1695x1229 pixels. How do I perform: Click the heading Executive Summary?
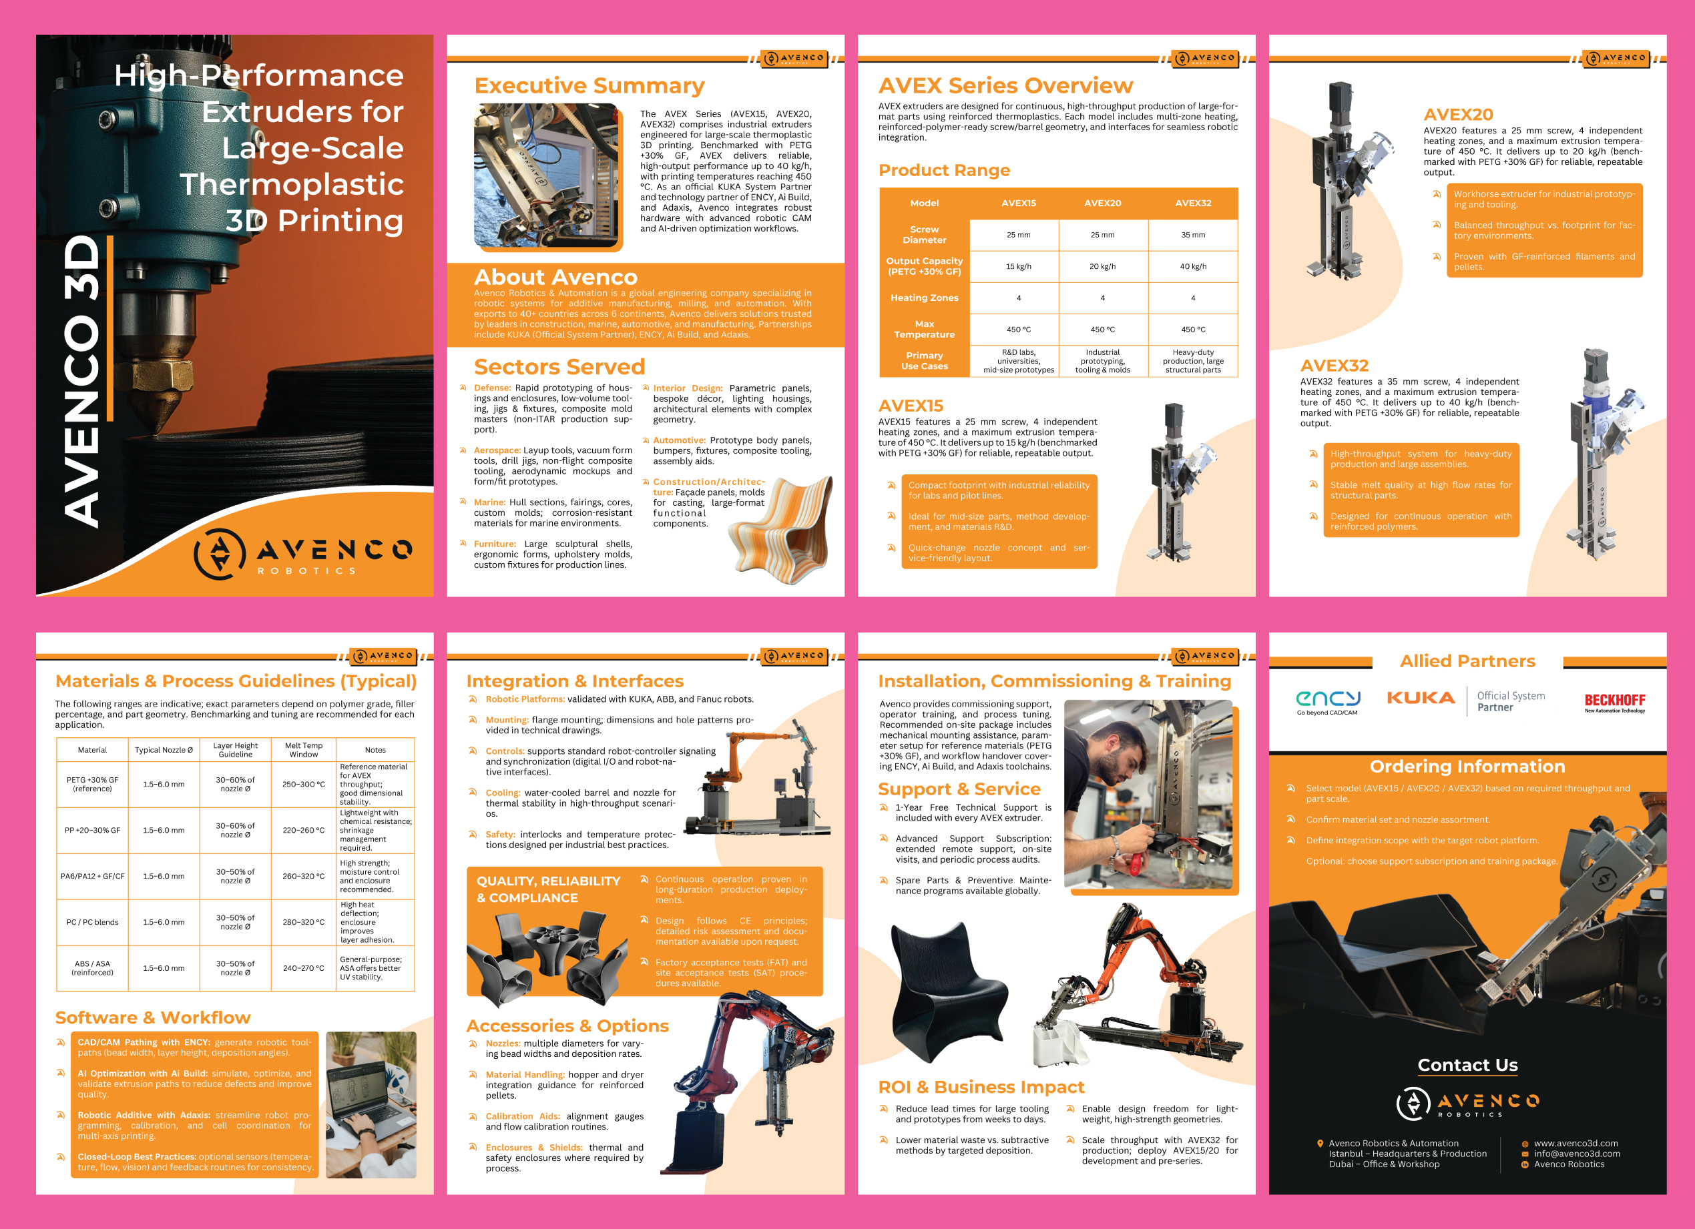coord(589,86)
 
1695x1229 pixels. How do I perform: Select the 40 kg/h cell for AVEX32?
coord(1193,267)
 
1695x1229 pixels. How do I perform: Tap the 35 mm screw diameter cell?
coord(1193,235)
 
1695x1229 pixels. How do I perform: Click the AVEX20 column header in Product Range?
coord(1102,203)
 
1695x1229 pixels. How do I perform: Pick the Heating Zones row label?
coord(925,298)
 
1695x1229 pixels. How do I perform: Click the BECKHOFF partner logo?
coord(1614,703)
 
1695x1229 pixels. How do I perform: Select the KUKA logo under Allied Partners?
coord(1421,698)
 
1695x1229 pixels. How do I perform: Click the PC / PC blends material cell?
coord(93,922)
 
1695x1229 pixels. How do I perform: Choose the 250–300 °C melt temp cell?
coord(304,785)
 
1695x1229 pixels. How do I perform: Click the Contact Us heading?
coord(1467,1065)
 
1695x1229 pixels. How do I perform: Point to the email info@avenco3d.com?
coord(1577,1154)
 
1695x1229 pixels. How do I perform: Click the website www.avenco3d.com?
coord(1576,1143)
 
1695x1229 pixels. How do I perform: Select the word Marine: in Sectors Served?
coord(489,502)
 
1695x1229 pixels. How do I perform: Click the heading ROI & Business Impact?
coord(981,1087)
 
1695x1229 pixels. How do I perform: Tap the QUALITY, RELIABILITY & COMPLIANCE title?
coord(549,889)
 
